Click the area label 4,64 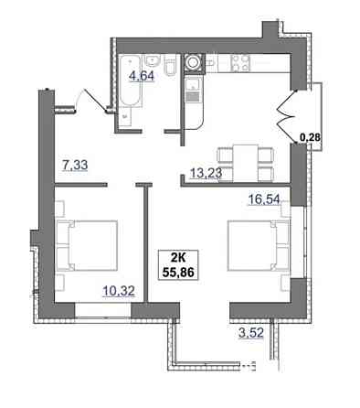click(142, 75)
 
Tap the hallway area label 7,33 click(75, 166)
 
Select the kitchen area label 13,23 click(206, 173)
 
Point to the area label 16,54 click(264, 199)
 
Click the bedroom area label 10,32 click(119, 291)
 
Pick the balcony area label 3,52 click(251, 332)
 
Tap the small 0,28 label click(310, 137)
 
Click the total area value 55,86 click(178, 272)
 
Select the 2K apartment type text click(178, 259)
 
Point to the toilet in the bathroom click(170, 66)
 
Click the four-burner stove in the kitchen click(240, 62)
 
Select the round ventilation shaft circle click(193, 62)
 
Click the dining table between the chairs click(246, 163)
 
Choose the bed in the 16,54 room click(258, 245)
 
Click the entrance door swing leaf click(94, 99)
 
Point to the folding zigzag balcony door click(286, 116)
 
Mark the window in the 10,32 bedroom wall click(103, 311)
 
